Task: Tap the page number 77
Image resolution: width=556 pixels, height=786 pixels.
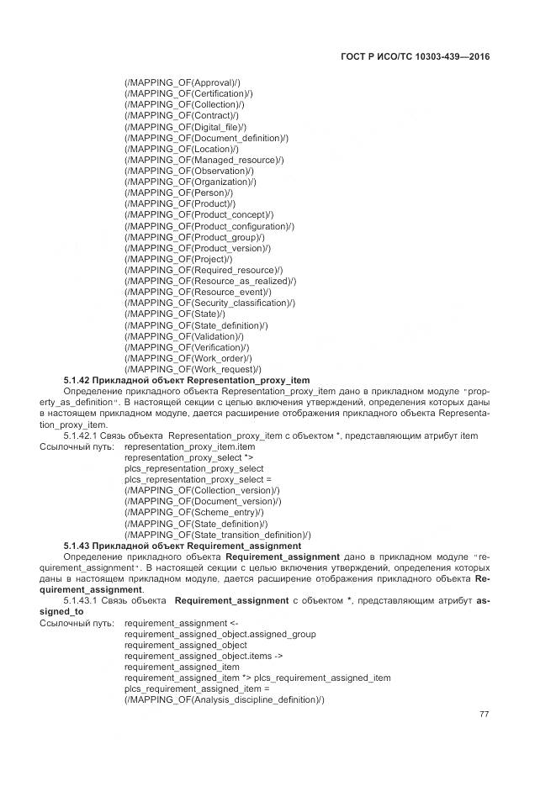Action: [x=484, y=715]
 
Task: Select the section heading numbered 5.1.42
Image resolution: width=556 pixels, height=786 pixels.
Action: [x=186, y=381]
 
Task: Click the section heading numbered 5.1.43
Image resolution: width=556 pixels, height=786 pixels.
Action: [x=183, y=546]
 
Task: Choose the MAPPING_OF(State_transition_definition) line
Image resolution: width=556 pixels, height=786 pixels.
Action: [x=217, y=535]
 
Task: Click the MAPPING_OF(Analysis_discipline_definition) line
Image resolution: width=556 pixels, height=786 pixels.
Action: [x=224, y=700]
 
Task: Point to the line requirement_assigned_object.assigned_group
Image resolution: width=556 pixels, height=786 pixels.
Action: [x=220, y=634]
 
